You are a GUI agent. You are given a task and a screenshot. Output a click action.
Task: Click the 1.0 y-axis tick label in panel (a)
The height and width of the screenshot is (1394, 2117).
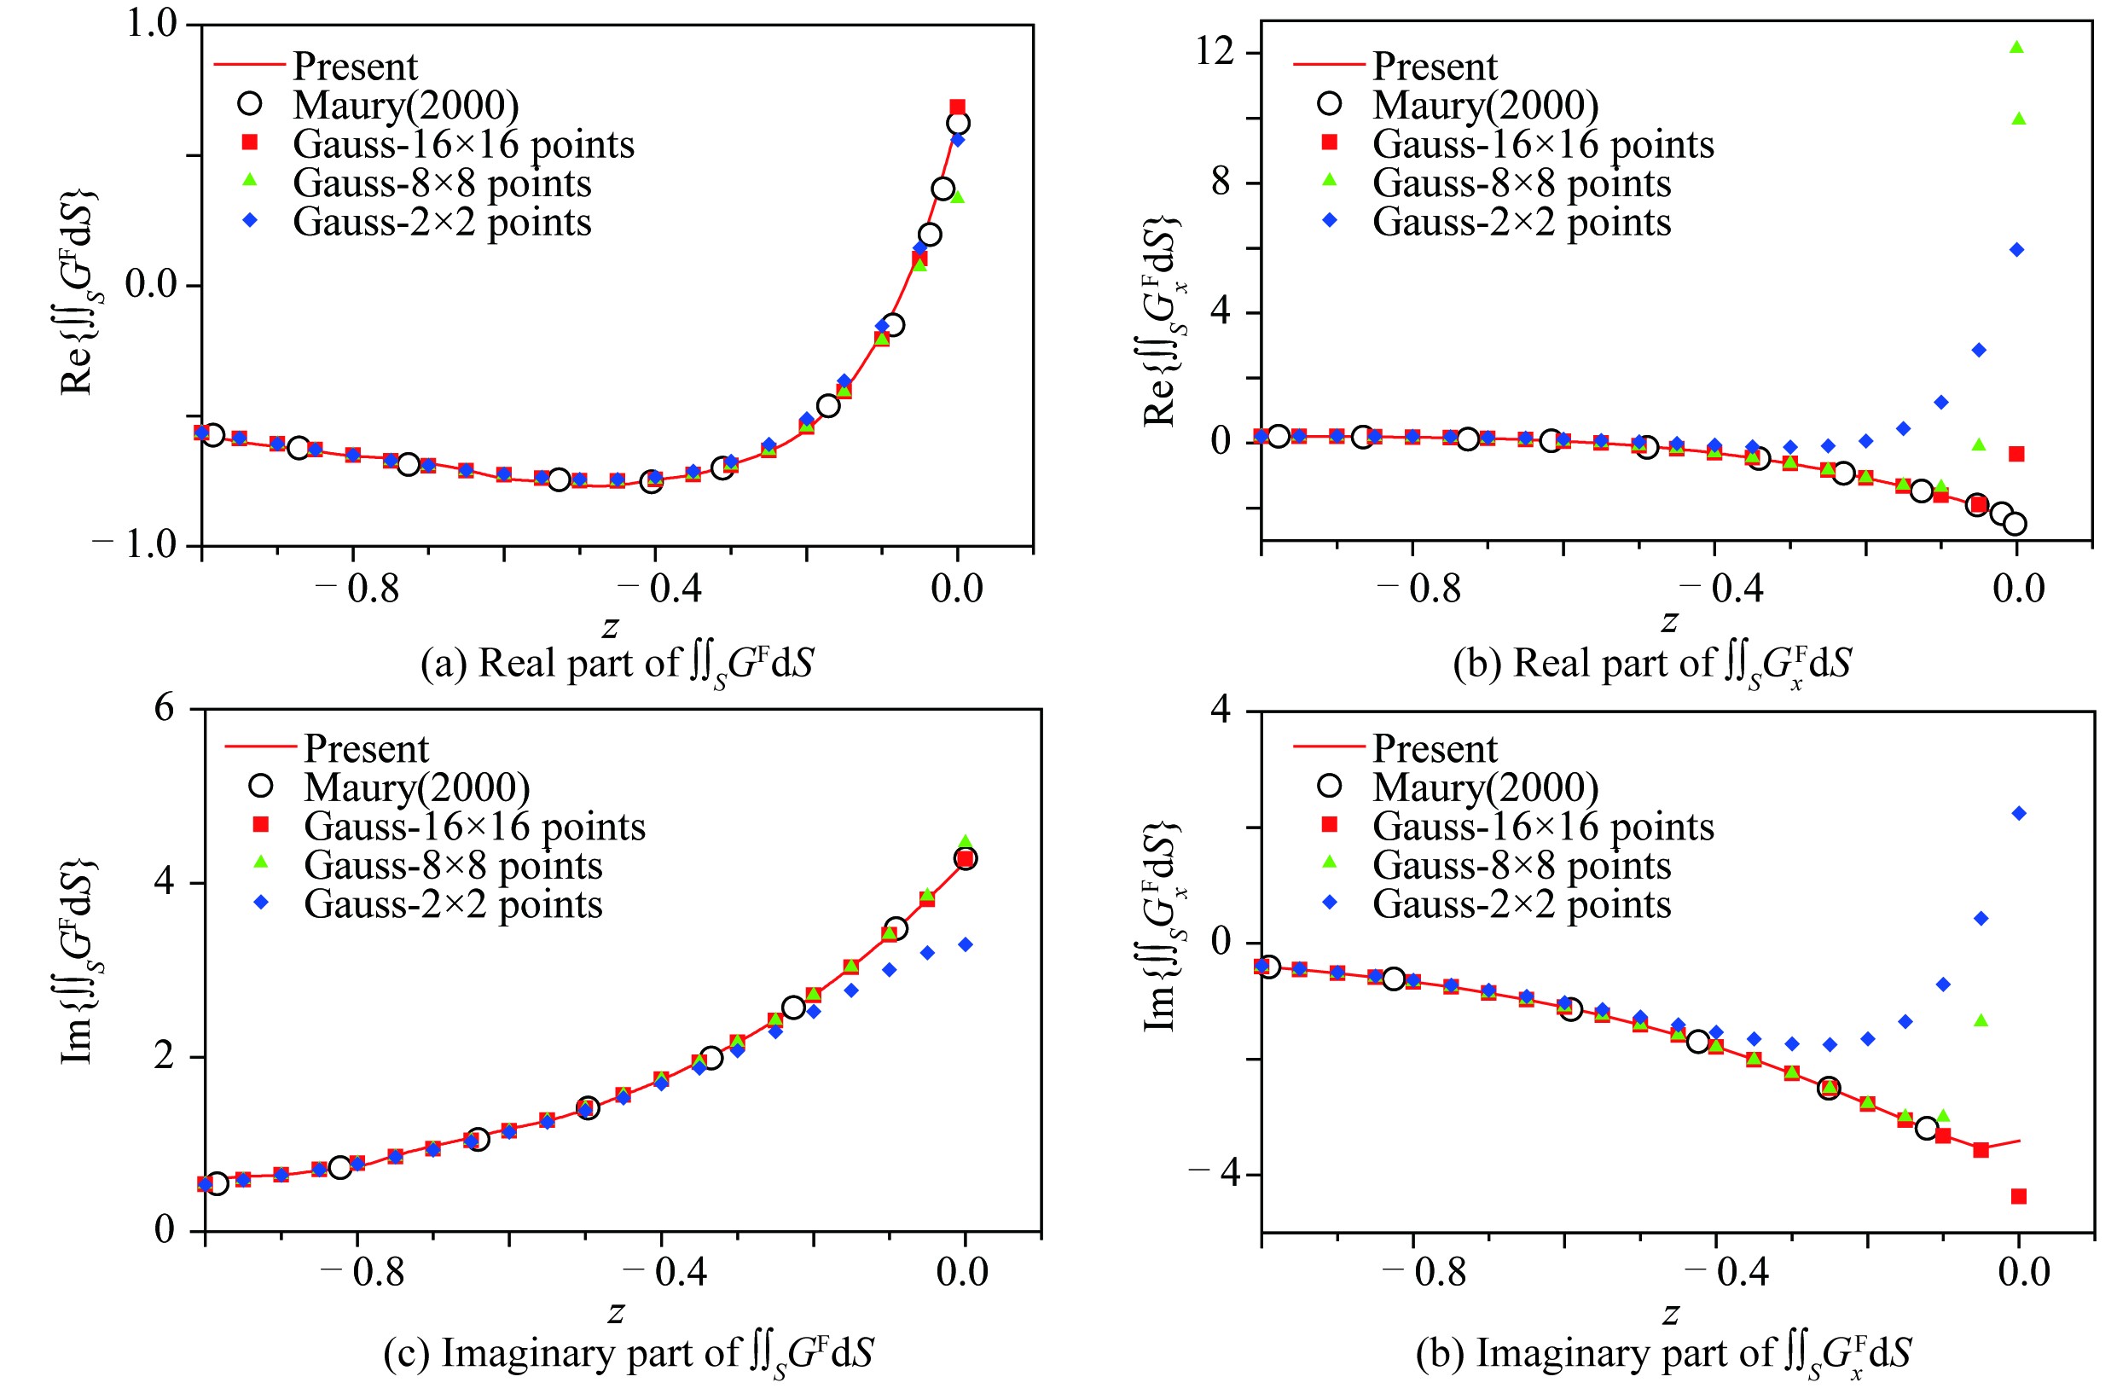(151, 23)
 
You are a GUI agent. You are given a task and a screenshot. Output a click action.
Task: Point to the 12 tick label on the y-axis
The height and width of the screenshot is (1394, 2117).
(1215, 51)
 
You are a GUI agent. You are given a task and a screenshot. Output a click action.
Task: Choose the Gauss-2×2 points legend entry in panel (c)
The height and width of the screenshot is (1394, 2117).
(453, 903)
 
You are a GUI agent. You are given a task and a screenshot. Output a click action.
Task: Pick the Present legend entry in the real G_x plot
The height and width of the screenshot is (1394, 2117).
(1434, 66)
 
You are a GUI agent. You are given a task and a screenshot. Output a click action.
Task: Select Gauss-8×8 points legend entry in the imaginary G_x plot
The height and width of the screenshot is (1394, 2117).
(1521, 865)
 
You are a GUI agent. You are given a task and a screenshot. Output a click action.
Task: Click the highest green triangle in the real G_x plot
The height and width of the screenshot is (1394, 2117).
(2016, 47)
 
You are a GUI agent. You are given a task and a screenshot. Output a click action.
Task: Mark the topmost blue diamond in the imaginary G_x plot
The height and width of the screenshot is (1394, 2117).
(2019, 813)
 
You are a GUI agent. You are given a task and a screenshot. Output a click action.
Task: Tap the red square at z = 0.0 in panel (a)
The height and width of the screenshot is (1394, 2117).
(957, 107)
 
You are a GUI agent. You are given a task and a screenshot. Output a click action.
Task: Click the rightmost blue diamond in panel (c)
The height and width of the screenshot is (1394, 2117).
(966, 944)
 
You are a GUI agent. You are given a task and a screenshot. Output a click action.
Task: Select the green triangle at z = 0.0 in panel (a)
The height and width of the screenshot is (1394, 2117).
(957, 195)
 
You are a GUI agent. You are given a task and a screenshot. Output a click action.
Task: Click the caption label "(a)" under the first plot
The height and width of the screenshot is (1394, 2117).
(443, 664)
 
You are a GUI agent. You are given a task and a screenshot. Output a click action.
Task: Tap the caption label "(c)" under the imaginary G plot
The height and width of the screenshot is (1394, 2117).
(407, 1353)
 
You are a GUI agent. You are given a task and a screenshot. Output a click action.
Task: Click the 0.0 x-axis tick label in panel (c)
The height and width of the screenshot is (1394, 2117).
(961, 1272)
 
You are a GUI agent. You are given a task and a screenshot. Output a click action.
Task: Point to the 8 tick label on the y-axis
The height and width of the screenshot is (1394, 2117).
(1221, 183)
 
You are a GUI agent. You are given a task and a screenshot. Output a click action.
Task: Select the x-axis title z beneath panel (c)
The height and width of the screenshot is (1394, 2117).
(616, 1312)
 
